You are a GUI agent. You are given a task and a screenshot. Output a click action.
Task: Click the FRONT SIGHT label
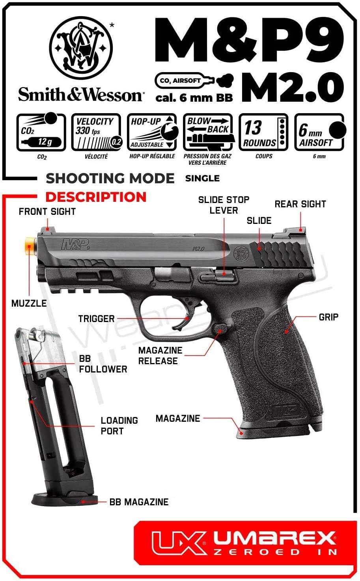tap(47, 212)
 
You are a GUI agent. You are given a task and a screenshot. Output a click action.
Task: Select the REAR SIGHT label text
tap(300, 204)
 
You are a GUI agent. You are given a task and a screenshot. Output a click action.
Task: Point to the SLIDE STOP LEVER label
tap(224, 205)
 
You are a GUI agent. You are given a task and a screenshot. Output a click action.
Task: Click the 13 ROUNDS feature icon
tap(264, 132)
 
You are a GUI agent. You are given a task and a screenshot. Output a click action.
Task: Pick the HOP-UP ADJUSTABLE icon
tap(152, 132)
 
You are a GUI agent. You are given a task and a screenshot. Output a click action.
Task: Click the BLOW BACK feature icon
tap(208, 132)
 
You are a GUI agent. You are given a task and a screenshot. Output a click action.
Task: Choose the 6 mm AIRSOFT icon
tap(320, 132)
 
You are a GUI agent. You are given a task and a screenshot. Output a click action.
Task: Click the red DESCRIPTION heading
tap(96, 197)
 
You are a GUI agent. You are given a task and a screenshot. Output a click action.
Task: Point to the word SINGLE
tap(202, 179)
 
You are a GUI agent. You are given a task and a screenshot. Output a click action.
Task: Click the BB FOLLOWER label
tap(103, 364)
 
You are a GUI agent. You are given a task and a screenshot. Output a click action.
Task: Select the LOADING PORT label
tap(119, 426)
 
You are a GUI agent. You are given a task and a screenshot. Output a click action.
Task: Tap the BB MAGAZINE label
tap(139, 502)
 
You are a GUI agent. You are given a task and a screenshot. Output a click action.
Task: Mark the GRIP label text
tap(328, 317)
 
